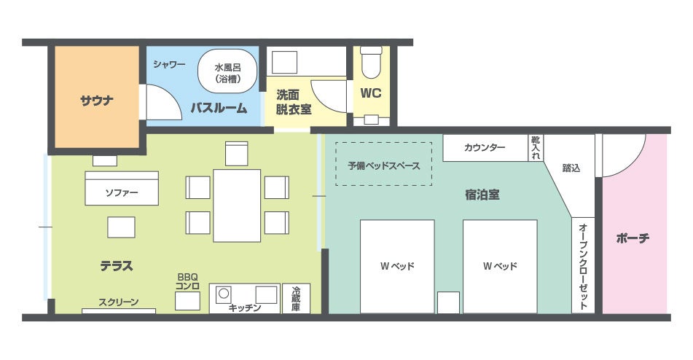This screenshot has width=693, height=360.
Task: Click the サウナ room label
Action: tap(97, 101)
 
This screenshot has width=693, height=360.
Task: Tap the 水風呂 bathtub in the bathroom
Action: tap(227, 71)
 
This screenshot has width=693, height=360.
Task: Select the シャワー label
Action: tap(169, 64)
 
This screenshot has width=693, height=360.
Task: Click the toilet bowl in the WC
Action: tap(371, 63)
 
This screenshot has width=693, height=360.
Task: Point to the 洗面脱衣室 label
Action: tap(294, 102)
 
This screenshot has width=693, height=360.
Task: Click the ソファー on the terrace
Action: tap(122, 188)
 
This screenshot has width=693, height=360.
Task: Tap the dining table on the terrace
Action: tap(237, 206)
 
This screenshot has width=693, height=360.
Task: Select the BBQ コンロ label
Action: tap(187, 281)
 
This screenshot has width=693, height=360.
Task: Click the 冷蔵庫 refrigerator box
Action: tap(296, 299)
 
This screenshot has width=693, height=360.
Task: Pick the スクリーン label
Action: tap(119, 302)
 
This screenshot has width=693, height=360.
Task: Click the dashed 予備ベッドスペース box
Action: tap(383, 164)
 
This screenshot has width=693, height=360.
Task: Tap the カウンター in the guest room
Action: tap(485, 148)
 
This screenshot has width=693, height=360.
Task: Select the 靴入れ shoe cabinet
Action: tap(536, 148)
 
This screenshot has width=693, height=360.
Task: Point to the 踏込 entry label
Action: tap(571, 168)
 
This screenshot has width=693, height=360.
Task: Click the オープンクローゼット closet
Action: tap(583, 265)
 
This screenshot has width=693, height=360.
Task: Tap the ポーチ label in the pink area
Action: tap(633, 238)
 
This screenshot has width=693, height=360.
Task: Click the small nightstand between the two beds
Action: tap(448, 302)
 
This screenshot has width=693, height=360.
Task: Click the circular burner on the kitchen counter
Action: tap(224, 293)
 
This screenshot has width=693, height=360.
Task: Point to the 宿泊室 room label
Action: tap(482, 195)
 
